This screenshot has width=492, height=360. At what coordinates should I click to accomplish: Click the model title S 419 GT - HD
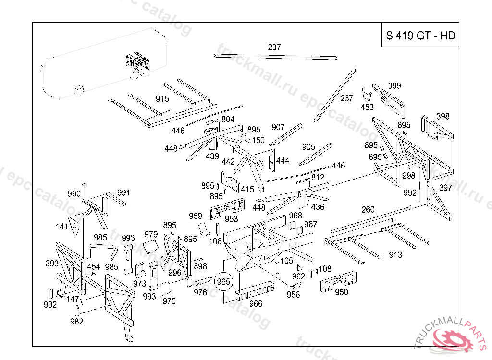[x=420, y=36]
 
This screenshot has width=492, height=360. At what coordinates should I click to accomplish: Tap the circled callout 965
[x=223, y=281]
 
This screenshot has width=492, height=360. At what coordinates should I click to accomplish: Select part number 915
[x=162, y=99]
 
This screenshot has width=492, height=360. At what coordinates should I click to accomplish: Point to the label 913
[x=395, y=255]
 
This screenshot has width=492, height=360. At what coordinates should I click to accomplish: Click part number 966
[x=256, y=304]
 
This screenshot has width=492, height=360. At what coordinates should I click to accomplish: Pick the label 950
[x=342, y=292]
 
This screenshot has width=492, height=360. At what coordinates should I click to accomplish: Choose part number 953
[x=231, y=219]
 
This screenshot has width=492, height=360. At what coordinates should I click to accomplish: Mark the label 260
[x=368, y=209]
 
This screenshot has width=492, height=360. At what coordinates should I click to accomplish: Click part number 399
[x=394, y=86]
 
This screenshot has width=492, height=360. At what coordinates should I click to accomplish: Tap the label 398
[x=443, y=117]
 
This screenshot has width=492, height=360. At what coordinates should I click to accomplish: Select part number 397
[x=445, y=188]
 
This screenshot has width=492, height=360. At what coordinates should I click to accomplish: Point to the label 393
[x=52, y=263]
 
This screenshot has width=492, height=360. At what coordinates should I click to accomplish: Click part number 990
[x=74, y=194]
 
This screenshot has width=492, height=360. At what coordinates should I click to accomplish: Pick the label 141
[x=61, y=227]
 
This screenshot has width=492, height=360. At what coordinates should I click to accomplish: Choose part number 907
[x=278, y=127]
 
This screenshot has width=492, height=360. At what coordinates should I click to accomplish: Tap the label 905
[x=308, y=147]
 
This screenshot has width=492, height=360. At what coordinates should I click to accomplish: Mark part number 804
[x=228, y=119]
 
